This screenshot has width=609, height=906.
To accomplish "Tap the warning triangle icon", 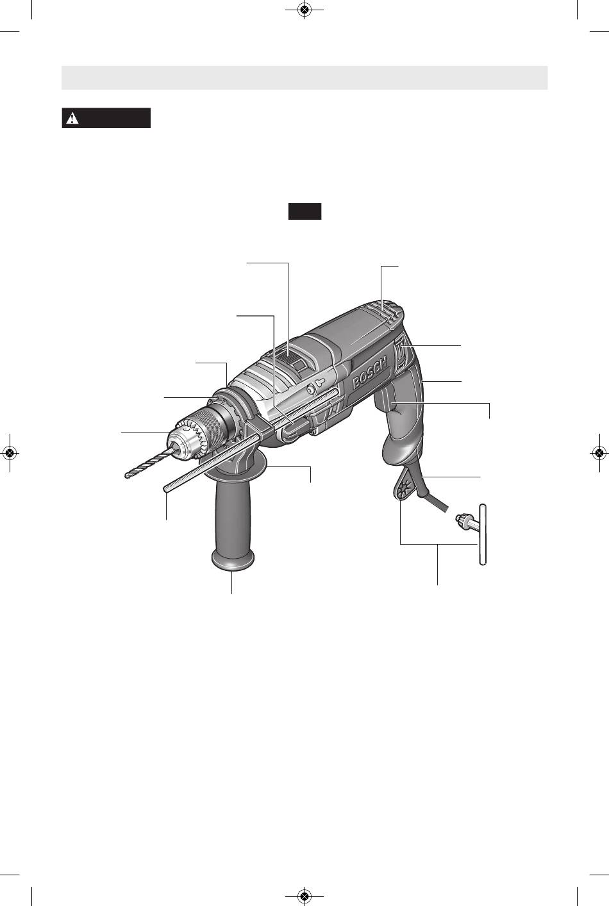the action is tap(72, 118).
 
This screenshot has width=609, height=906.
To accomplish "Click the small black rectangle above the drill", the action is tap(304, 211).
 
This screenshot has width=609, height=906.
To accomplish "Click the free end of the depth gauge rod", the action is tap(165, 490).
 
